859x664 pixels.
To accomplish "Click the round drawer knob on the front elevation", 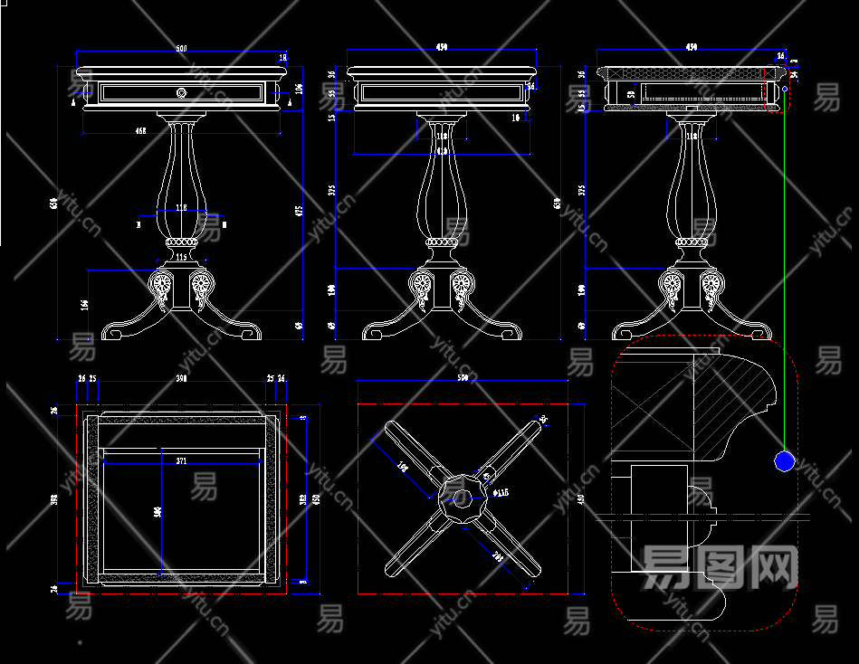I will (181, 91).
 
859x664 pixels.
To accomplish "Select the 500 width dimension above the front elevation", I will (181, 47).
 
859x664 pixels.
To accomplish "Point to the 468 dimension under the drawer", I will (141, 131).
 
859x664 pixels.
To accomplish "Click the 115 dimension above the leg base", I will (180, 258).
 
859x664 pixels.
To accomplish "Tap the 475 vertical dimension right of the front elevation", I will (300, 211).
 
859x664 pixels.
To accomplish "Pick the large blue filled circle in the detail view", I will (784, 461).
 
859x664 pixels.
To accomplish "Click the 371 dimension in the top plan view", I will (181, 461).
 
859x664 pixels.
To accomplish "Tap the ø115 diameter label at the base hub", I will (501, 493).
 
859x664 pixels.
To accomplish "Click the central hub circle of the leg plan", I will (462, 494).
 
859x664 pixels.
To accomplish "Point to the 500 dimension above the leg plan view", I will (463, 377).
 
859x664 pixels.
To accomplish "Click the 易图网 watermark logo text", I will (720, 568).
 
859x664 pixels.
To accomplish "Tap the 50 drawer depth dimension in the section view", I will (631, 93).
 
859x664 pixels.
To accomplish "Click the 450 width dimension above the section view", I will (692, 46).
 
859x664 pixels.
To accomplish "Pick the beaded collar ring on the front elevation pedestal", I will (181, 242).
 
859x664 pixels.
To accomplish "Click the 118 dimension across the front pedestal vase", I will (181, 208).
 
